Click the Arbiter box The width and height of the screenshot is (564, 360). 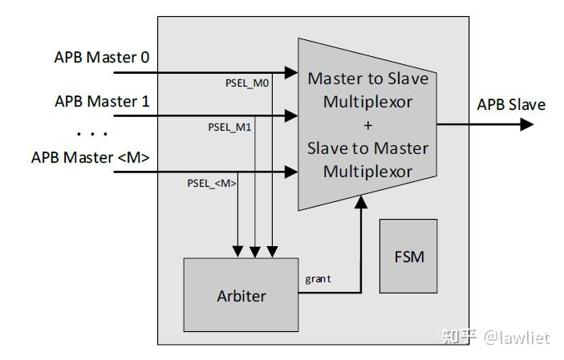tap(241, 295)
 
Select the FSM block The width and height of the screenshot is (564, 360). tap(408, 257)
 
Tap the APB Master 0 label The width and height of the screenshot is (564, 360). tap(102, 58)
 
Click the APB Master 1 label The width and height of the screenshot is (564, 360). tap(102, 101)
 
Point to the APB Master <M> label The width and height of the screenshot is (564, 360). tap(90, 157)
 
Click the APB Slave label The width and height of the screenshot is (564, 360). tap(511, 105)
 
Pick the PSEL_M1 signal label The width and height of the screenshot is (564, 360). tap(230, 127)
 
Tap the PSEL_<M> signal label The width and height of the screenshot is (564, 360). tap(212, 183)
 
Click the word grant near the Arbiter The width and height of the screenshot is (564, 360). tap(319, 279)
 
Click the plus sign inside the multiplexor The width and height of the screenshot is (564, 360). tap(367, 125)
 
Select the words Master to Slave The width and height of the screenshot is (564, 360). tap(367, 79)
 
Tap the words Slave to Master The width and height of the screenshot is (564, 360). tap(367, 148)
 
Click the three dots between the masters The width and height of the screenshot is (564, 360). tap(92, 131)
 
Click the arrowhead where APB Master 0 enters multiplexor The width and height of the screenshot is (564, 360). tap(291, 72)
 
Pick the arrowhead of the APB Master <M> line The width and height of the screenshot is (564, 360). tap(291, 172)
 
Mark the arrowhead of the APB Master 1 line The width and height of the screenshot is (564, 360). tap(291, 116)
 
